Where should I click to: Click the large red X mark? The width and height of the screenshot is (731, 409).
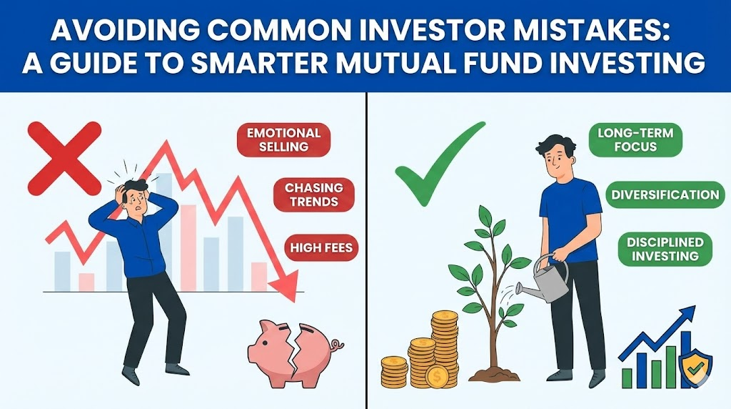tap(64, 159)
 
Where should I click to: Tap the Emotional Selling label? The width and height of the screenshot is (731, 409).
tap(283, 139)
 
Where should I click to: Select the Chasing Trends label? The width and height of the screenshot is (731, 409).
tap(314, 194)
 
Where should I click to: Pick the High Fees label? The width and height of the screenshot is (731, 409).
tap(321, 249)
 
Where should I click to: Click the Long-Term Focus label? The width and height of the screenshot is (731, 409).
tap(635, 140)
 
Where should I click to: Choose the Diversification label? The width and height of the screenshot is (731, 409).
tap(664, 194)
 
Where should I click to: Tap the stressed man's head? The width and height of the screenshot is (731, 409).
tap(133, 192)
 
